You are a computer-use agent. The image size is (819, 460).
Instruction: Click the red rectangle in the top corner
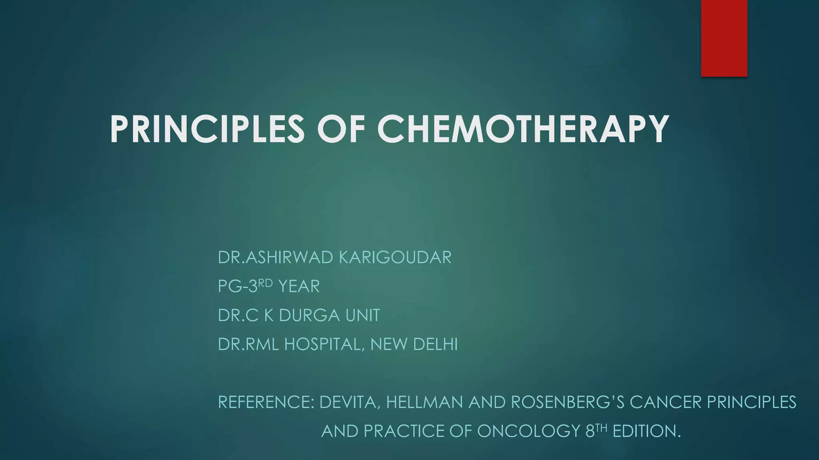point(724,38)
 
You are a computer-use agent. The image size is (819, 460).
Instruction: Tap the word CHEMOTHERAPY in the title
point(523,129)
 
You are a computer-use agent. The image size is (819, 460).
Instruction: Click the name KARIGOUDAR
point(395,258)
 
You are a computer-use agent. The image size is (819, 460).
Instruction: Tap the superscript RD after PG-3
point(266,283)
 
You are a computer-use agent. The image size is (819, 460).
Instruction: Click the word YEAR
point(299,287)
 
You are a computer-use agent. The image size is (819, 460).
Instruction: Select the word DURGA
point(309,315)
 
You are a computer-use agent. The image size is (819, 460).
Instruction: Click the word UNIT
point(363,315)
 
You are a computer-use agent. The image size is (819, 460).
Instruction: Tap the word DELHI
point(435,345)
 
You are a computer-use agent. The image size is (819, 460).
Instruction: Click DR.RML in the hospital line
point(248,345)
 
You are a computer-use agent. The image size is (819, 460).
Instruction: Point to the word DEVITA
point(348,402)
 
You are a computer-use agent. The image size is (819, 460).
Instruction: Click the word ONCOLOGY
point(529,431)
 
